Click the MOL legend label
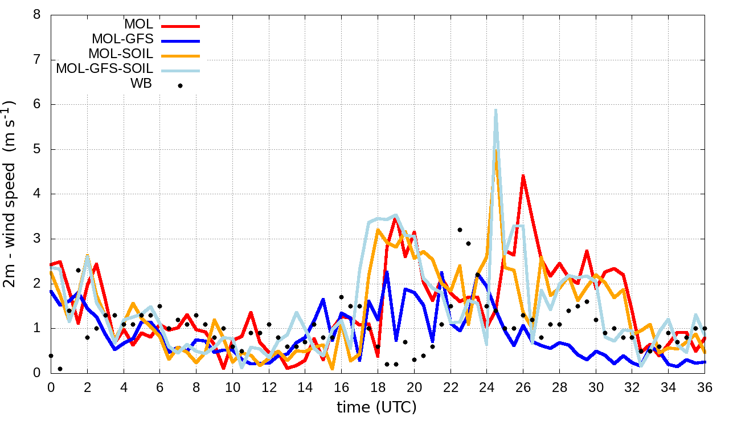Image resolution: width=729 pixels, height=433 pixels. click(x=138, y=25)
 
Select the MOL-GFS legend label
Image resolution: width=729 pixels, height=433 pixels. click(x=122, y=40)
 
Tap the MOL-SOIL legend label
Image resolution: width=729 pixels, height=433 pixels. click(x=121, y=55)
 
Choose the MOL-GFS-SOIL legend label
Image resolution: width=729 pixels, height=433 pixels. click(x=104, y=70)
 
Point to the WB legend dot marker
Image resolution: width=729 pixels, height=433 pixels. click(x=180, y=85)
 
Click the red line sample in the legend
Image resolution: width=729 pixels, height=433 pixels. click(x=180, y=26)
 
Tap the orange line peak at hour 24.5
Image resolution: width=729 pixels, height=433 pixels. click(x=496, y=152)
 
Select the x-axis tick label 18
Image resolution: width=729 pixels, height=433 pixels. click(x=378, y=388)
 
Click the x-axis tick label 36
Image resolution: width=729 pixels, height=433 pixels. click(x=705, y=388)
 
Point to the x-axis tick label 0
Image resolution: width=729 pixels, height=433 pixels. click(x=51, y=388)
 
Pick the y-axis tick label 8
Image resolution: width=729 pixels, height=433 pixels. click(x=37, y=15)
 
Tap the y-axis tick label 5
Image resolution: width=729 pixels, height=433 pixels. click(x=37, y=149)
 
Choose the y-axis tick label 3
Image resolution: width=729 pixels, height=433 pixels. click(x=37, y=239)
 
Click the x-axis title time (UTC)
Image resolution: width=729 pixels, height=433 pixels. click(x=376, y=407)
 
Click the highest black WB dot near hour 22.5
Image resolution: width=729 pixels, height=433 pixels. click(x=460, y=230)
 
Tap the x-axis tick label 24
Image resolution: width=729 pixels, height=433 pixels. click(x=486, y=388)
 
